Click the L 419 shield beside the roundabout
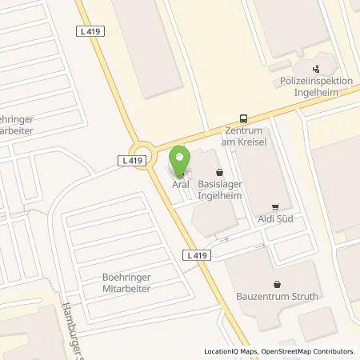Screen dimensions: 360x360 point(134,161)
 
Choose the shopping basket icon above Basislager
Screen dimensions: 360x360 point(218,171)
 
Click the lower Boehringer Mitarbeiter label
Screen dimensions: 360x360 point(132,283)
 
